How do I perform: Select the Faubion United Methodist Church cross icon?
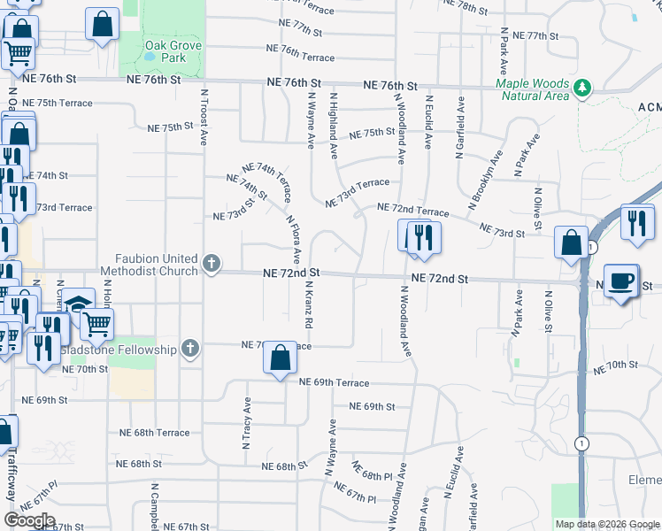click(x=211, y=263)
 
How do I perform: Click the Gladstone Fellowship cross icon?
click(x=189, y=348)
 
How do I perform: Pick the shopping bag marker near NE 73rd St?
click(x=572, y=241)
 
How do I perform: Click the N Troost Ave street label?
click(x=204, y=116)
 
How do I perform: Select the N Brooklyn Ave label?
click(x=486, y=180)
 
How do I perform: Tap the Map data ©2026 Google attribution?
click(x=606, y=524)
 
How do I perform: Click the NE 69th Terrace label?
click(x=334, y=382)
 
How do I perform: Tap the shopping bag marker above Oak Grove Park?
click(x=103, y=24)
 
